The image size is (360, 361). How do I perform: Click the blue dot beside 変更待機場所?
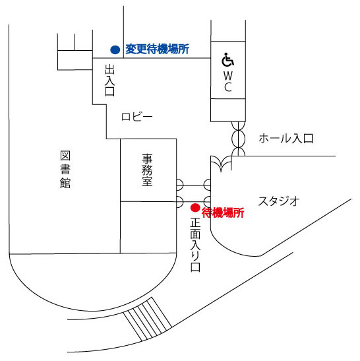pos(115,49)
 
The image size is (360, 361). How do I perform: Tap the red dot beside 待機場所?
pos(195,208)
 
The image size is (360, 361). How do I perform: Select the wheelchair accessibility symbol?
pos(227,59)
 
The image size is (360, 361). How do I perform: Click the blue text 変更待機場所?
pos(157,49)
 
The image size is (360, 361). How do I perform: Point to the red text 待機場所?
pos(223,213)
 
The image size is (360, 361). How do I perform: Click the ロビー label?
pos(137,117)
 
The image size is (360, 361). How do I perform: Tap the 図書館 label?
pos(65,170)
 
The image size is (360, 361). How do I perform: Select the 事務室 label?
pos(147,170)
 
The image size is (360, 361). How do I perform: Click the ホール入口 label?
pos(286,139)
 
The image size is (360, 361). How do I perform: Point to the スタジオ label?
pos(279,201)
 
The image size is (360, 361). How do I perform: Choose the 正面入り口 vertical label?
pos(195,245)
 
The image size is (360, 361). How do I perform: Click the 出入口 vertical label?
pos(109,80)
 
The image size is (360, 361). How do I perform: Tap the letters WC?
pos(228,81)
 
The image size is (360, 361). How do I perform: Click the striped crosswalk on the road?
pos(148,319)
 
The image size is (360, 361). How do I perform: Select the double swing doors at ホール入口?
pos(238,139)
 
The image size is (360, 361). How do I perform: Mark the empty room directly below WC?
pos(228,110)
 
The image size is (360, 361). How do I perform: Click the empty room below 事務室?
pos(148,227)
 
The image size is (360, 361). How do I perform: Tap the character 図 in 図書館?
pos(65,156)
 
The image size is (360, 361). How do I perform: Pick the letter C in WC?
pos(228,87)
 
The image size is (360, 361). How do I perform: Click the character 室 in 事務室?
pos(147,181)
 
